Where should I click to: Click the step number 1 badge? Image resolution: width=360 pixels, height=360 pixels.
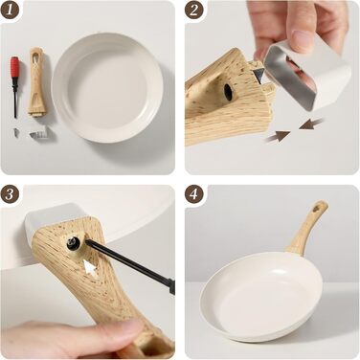pos(10,10)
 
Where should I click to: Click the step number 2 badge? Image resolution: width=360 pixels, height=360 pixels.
pos(193,10)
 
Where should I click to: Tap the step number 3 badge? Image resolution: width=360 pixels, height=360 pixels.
pos(10,193)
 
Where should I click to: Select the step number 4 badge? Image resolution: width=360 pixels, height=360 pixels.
pos(193,193)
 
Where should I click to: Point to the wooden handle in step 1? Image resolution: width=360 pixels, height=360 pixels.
pos(35,81)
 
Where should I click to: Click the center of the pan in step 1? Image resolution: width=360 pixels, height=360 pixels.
pos(107,87)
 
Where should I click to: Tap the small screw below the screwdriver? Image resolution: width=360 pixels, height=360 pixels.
pos(16,133)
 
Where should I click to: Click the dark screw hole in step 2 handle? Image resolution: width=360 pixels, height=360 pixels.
pos(229,91)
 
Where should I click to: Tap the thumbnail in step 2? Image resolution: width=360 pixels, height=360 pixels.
pos(301,40)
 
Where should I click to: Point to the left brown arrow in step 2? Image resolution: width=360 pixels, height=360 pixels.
pos(278,137)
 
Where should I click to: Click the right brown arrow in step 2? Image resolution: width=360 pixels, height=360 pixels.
pos(311,124)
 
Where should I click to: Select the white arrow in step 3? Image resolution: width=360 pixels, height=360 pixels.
pos(90,268)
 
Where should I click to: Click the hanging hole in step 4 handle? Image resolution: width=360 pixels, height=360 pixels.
pos(317,209)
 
